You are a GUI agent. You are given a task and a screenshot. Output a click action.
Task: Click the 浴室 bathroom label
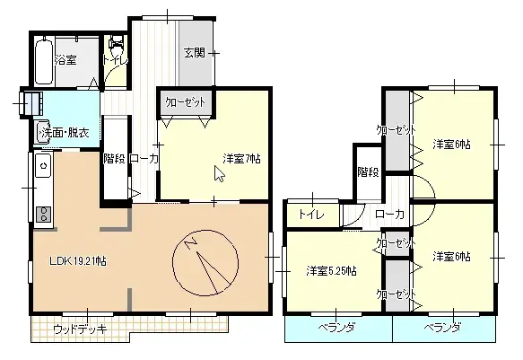(x=65, y=60)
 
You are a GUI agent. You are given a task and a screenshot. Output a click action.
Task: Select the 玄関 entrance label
(x=196, y=51)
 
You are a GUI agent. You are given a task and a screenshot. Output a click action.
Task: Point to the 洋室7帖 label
(x=241, y=159)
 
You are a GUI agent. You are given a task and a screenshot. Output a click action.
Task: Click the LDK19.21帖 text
(x=78, y=261)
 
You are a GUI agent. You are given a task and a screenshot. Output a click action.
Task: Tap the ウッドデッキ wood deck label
(x=80, y=329)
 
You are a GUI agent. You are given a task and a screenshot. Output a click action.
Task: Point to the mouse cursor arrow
(x=218, y=173)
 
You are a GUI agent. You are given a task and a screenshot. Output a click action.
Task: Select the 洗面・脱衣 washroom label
(x=64, y=133)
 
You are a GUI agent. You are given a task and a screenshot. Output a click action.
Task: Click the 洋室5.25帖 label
(x=331, y=270)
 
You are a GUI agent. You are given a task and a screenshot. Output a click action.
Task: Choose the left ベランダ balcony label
(x=336, y=328)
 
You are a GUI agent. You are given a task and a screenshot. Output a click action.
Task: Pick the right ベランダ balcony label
(x=442, y=328)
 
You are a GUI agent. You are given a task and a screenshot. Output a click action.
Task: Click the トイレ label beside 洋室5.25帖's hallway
(x=311, y=215)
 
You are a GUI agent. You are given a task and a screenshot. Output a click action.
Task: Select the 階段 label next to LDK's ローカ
(x=114, y=159)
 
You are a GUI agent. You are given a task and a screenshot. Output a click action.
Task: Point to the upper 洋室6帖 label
(x=452, y=144)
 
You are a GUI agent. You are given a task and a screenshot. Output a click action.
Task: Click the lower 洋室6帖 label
(x=451, y=257)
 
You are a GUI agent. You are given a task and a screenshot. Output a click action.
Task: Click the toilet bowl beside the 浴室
(x=115, y=45)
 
